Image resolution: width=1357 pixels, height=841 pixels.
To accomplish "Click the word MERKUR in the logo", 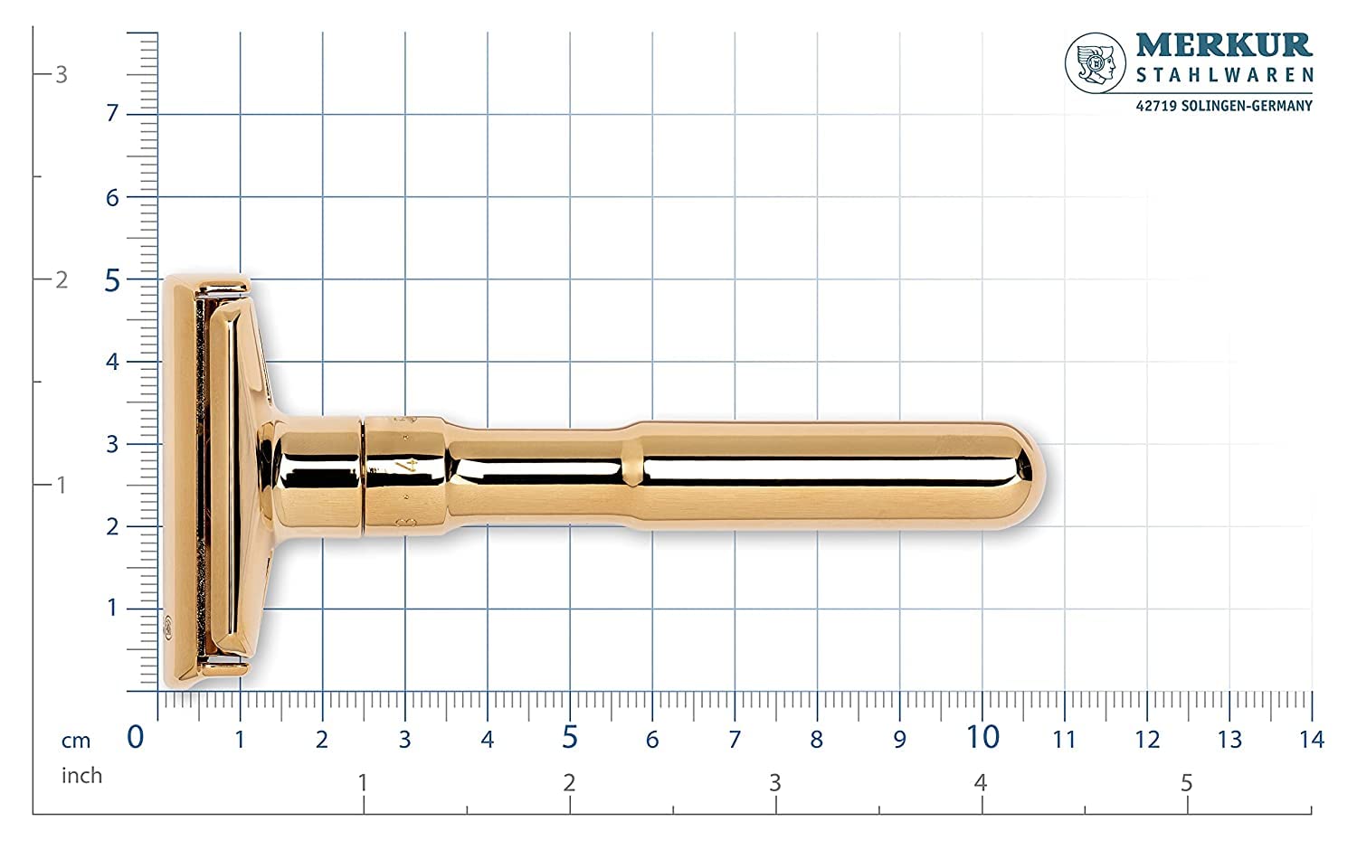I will coord(1224,45).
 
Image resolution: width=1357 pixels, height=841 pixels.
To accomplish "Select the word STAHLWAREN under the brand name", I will coord(1224,76).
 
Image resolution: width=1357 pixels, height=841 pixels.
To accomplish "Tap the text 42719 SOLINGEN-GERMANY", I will coord(1224,106).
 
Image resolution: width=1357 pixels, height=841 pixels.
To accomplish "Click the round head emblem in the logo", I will coord(1096,63).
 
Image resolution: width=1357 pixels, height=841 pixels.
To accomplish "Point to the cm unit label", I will coord(77,741).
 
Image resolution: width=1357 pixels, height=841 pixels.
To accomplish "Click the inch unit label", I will coord(81,776).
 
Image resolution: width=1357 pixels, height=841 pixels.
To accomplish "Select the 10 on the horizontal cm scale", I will coord(982,738).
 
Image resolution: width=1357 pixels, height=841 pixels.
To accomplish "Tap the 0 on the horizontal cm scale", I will coord(136,738).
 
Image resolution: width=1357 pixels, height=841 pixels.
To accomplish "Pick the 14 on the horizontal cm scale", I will coord(1311,740).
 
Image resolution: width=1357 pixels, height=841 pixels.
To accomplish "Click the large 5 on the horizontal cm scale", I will coord(569,738).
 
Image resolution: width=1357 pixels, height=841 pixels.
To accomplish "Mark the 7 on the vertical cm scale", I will coord(112,114).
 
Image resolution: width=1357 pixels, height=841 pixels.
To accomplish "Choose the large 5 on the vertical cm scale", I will coord(111,280).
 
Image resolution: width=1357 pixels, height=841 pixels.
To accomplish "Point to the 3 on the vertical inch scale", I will coord(62,74).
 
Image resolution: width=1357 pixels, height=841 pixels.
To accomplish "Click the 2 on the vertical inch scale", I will coord(62,279).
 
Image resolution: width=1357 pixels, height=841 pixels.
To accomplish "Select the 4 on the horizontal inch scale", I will coord(981,783).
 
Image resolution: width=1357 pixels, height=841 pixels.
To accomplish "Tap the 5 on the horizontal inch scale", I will coord(1187,783).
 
